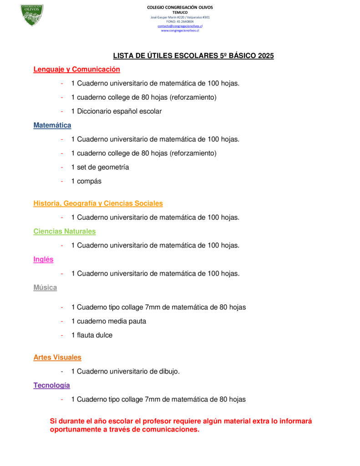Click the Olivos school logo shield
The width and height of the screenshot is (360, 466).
coord(32,15)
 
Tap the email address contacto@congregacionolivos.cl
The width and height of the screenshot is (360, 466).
coord(180,26)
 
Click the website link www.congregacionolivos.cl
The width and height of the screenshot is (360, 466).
coord(180,30)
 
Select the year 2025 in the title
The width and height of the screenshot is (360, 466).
coord(265,56)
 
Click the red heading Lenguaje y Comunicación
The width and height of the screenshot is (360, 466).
coord(76,69)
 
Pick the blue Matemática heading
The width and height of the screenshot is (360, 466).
coord(52,125)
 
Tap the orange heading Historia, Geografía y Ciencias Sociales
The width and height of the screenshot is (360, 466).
coord(98,203)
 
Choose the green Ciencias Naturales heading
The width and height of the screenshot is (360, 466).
coord(64,231)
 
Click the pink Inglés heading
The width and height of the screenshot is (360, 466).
coord(43,259)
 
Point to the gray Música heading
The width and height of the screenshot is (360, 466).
coord(45,288)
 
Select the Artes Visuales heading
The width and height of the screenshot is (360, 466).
coord(57,357)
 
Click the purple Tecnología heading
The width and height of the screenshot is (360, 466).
coord(51,385)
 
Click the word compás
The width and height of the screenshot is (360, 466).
coord(89,181)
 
